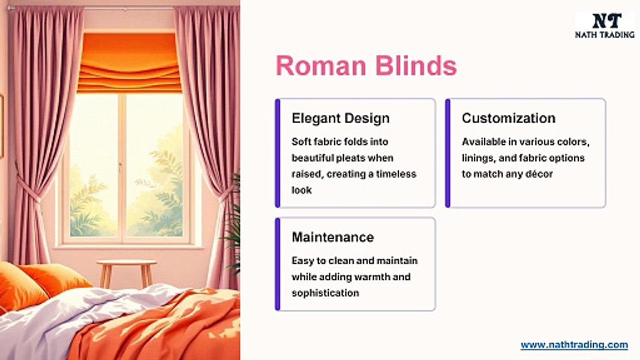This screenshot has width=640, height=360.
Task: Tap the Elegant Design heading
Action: click(340, 118)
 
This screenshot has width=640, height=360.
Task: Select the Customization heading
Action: click(508, 118)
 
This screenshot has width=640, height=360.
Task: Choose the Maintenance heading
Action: click(332, 237)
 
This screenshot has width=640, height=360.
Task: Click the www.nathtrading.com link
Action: click(574, 345)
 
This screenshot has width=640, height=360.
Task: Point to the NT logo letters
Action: click(606, 21)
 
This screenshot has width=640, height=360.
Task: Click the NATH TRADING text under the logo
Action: click(605, 34)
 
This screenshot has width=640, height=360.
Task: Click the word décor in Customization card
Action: click(539, 174)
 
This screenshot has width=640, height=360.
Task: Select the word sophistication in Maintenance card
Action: click(325, 293)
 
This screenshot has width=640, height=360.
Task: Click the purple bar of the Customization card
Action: click(448, 153)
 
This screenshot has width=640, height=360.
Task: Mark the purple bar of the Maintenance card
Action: click(277, 264)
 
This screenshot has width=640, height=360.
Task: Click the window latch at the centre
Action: click(120, 165)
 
